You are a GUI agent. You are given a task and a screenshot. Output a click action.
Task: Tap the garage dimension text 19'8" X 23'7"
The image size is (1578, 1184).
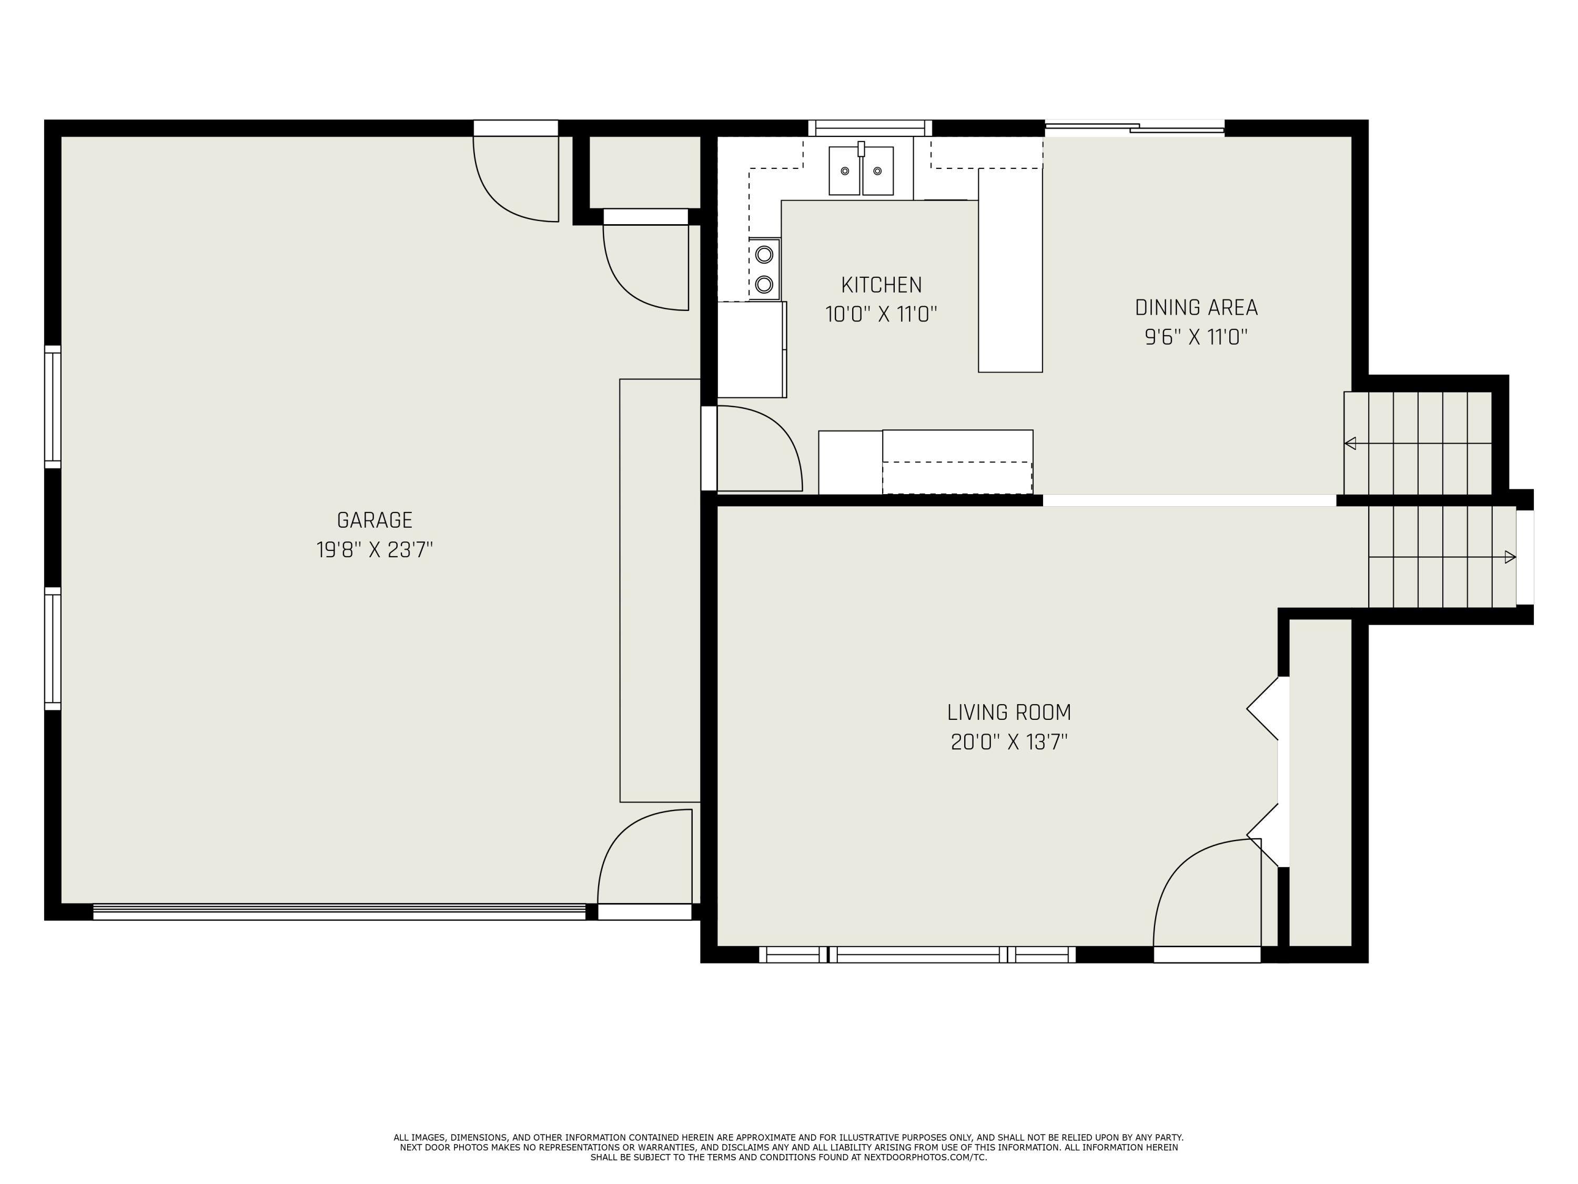coord(375,550)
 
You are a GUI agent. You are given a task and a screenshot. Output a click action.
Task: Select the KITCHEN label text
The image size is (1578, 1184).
coord(881,285)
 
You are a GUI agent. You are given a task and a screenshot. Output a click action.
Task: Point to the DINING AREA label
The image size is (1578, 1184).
coord(1196,308)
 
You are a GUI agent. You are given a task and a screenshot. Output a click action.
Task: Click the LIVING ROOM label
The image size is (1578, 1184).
coord(1009,713)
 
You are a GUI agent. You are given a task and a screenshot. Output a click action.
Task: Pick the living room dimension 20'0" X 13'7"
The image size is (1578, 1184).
coord(1009,742)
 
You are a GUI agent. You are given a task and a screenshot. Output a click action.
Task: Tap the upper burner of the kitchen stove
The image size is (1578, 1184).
coord(764,254)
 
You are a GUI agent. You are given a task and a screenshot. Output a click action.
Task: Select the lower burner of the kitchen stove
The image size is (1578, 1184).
coord(764,285)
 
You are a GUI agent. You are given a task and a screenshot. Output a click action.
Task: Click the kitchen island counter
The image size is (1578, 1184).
coord(1009,271)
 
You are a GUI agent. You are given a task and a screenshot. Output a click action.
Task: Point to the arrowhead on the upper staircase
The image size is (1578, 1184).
coord(1350,443)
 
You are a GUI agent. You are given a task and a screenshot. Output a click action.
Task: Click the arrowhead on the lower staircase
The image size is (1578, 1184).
coord(1510,557)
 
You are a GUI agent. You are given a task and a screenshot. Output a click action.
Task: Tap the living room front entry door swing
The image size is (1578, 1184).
coord(1206,896)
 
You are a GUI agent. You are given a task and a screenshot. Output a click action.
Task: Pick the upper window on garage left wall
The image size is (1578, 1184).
coord(53,407)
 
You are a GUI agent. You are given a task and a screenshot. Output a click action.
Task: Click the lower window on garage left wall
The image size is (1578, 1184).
coord(53,649)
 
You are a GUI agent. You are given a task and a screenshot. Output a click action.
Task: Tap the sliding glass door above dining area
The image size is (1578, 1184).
coord(1134,128)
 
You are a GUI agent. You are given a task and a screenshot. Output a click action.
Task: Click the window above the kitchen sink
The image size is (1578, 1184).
coord(869,128)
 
